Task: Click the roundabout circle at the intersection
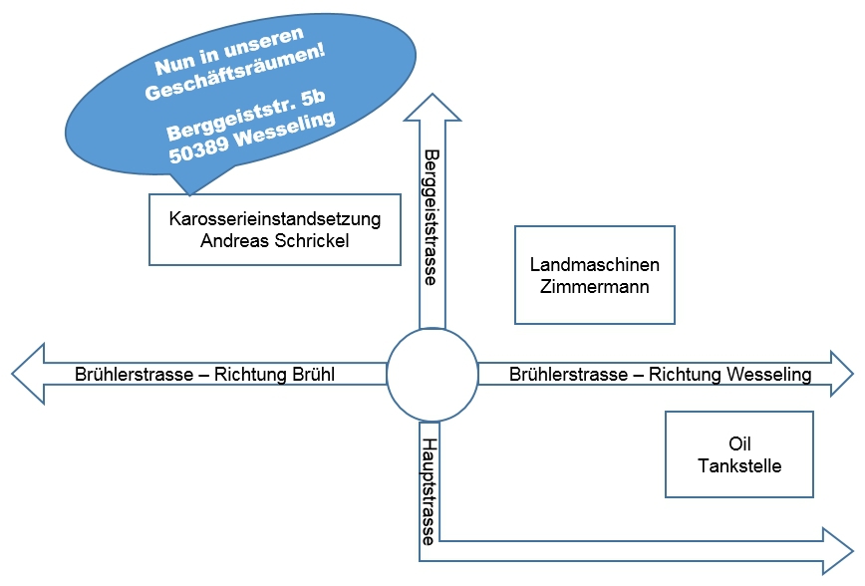[432, 374]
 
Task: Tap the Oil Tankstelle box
[738, 454]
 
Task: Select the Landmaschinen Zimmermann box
[594, 275]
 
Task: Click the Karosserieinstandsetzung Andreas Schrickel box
[274, 229]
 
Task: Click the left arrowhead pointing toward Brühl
[29, 374]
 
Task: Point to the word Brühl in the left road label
[308, 375]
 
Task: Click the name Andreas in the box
[232, 240]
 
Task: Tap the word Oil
[738, 443]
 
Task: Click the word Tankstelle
[738, 465]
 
